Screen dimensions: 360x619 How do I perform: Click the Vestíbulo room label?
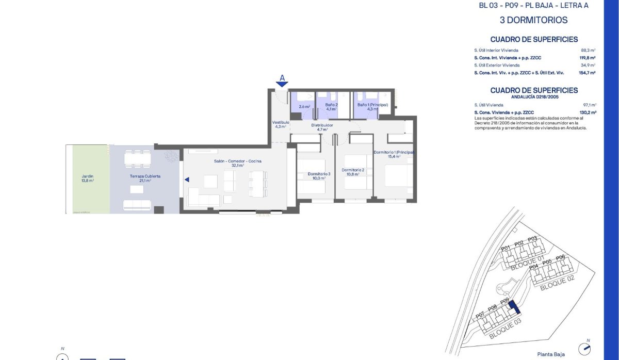coord(281,122)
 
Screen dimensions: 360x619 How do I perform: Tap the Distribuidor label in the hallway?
coord(322,125)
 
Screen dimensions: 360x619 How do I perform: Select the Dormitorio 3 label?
coord(318,174)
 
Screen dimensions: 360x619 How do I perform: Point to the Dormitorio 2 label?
coord(353,170)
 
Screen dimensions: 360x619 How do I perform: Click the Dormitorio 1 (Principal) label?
coord(394,153)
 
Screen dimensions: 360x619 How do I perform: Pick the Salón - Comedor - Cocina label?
coord(238,161)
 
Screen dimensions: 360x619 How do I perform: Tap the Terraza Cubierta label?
coord(145,176)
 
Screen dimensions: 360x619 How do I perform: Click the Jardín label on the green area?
coord(87,176)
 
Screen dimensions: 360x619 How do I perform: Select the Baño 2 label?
coord(331,105)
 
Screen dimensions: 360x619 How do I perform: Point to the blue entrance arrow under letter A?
coord(282,84)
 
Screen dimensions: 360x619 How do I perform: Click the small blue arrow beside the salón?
coord(187,179)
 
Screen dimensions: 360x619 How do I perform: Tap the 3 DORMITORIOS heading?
coord(534,20)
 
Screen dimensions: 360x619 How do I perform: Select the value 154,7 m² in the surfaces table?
coord(587,73)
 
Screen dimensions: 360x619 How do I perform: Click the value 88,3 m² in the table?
coord(588,50)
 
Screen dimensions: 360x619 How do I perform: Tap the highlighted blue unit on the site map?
coord(513,308)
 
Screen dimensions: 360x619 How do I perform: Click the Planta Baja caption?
coord(551,354)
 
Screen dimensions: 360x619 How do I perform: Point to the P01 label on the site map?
coord(506,248)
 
